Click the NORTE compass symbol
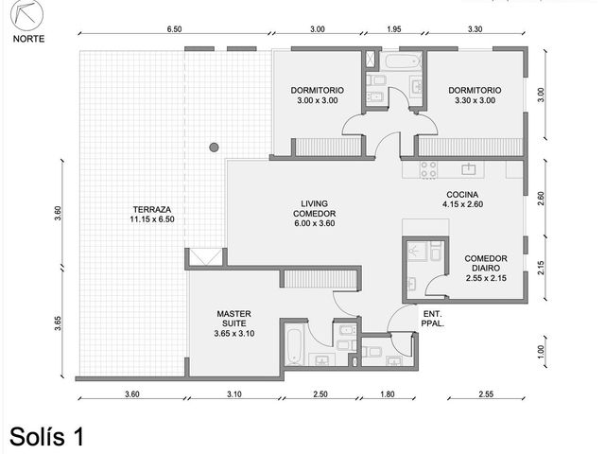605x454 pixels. tap(27, 16)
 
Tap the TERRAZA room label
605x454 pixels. tap(152, 215)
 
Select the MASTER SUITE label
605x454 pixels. tap(234, 323)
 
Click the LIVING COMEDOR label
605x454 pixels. tap(315, 213)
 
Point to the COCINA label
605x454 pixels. tap(462, 200)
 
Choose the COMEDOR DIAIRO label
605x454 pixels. tap(486, 268)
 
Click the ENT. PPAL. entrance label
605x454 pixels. tap(433, 319)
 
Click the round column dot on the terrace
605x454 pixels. tap(214, 148)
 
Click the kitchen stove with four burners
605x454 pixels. tap(428, 169)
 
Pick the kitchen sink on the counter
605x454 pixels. tap(469, 168)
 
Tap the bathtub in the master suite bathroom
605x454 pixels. tap(294, 346)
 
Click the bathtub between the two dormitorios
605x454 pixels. tap(401, 61)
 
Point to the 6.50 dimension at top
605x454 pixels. tap(174, 29)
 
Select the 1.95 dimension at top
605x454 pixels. tap(394, 29)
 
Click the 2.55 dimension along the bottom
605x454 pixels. tap(486, 394)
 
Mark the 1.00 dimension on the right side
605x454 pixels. tap(540, 351)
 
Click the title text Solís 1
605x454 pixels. tap(46, 437)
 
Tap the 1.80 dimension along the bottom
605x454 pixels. tap(388, 394)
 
